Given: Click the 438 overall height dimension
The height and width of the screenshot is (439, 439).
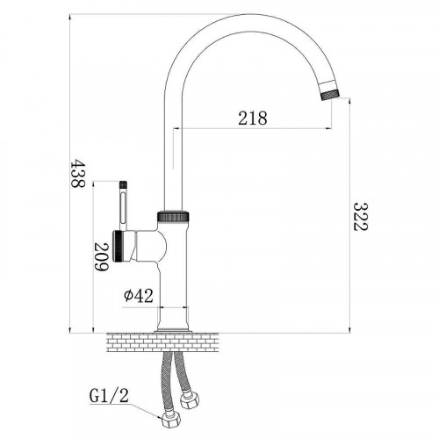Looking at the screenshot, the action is (x=77, y=173).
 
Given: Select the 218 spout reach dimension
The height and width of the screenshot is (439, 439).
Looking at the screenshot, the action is (x=253, y=119).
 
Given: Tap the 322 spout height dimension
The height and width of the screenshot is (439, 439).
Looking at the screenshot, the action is (x=360, y=217).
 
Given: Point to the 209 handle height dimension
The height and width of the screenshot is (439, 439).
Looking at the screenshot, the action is (x=101, y=257).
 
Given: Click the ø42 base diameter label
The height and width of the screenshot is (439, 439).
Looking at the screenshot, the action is (x=139, y=296).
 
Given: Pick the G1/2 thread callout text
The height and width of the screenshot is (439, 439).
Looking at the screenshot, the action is (x=109, y=396).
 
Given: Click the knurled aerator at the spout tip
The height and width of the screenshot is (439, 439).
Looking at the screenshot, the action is (x=330, y=95).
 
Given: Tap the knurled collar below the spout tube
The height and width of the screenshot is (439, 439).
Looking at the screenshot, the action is (x=173, y=216).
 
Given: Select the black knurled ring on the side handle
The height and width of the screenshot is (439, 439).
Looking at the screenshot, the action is (x=118, y=246).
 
